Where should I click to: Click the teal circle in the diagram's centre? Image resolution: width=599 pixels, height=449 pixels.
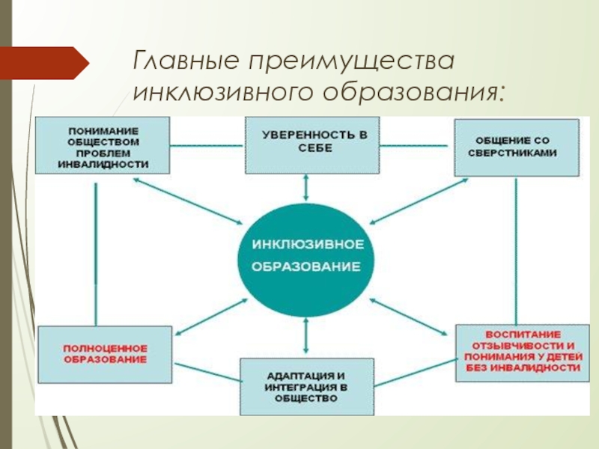point(305,256)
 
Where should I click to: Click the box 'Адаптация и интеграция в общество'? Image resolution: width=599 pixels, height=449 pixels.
point(306,386)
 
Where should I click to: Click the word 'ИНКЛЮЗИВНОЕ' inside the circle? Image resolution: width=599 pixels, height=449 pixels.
point(308,245)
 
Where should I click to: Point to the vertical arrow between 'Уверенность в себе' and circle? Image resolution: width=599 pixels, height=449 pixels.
point(305,187)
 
